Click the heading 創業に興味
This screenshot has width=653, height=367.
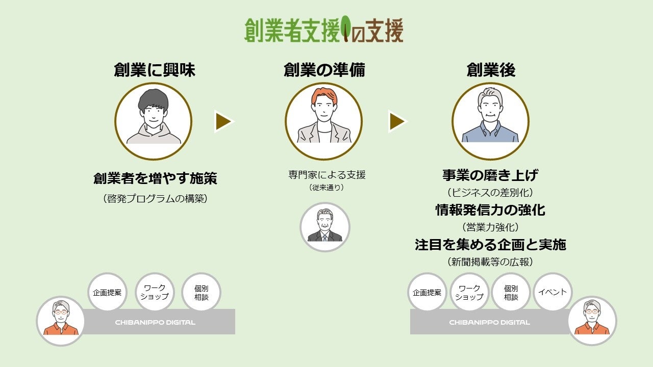coord(154,70)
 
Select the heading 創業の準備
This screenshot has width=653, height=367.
coord(324,70)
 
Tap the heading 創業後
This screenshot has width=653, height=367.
coord(491,70)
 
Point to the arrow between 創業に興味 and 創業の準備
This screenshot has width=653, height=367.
coord(223,121)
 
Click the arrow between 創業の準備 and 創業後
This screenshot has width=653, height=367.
coord(397,121)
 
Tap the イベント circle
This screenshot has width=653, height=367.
coord(552,292)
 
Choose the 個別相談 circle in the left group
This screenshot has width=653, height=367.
coord(201,292)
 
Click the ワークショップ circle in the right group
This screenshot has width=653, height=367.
coord(469,292)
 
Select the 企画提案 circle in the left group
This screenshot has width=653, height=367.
coord(107,292)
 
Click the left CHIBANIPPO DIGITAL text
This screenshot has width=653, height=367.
coord(155,322)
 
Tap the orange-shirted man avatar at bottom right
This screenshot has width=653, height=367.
coord(592,321)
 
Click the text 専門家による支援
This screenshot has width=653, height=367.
coord(326,175)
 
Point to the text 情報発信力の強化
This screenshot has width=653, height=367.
coord(490,210)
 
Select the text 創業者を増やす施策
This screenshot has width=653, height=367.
coord(155,178)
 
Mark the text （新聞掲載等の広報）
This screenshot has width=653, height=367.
coord(490,262)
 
